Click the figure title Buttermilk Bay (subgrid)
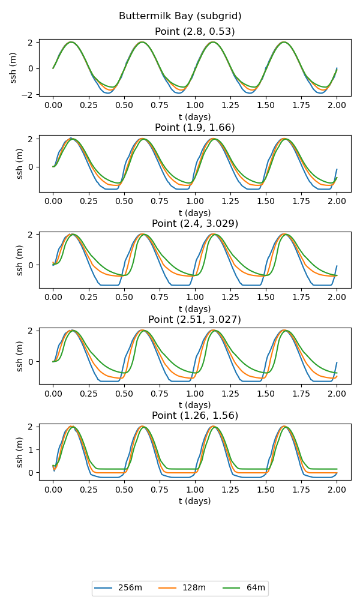point(180,16)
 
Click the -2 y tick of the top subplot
point(31,94)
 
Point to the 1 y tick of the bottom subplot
point(33,449)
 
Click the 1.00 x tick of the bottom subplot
point(195,490)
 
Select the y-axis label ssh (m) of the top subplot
point(13,68)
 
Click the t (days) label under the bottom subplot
point(195,501)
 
